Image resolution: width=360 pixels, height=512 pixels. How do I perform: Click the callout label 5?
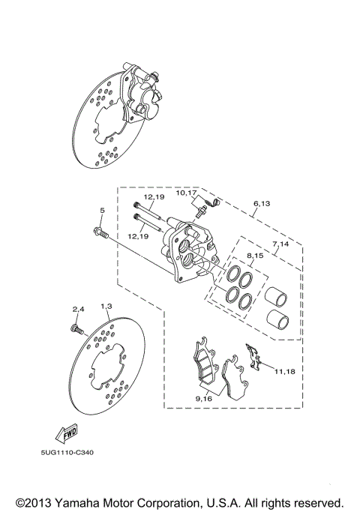coord(102,211)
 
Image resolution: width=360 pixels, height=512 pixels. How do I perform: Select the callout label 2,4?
coord(79,308)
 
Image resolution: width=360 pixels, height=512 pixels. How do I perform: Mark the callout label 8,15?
coord(256,256)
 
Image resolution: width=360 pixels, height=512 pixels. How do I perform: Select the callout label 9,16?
coord(203,400)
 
